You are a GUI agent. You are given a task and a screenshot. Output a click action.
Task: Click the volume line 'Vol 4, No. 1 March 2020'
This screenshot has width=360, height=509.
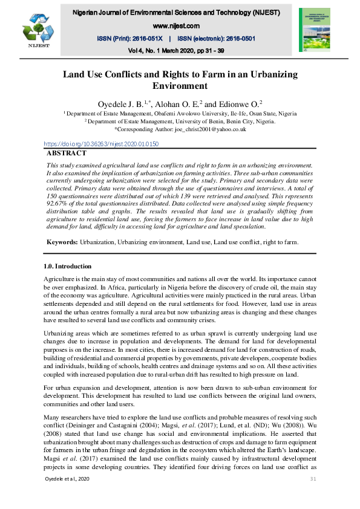click(157, 50)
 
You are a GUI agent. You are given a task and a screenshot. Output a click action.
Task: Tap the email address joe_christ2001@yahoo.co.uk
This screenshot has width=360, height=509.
click(206, 129)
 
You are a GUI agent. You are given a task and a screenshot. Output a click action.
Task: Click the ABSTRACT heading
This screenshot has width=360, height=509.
click(67, 154)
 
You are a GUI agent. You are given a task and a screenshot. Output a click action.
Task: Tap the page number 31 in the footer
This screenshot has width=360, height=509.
click(313, 495)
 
